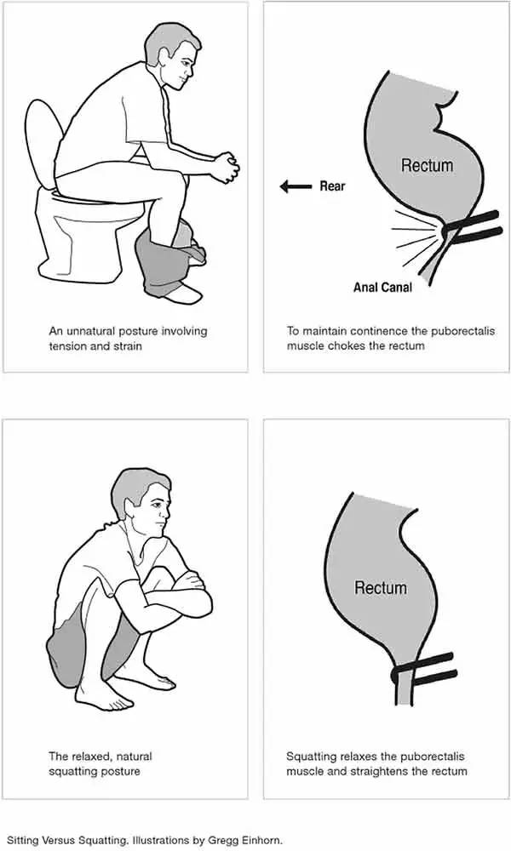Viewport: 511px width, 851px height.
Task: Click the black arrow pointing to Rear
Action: tap(296, 186)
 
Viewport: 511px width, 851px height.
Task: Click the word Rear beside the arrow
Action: tap(332, 186)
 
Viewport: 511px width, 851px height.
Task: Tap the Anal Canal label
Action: tap(382, 287)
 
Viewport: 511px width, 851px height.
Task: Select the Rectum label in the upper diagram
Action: tap(427, 165)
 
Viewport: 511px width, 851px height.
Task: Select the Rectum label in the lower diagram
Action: tap(380, 587)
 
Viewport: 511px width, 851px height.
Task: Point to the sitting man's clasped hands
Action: tap(225, 167)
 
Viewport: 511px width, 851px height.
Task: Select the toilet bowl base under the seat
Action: tap(87, 239)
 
